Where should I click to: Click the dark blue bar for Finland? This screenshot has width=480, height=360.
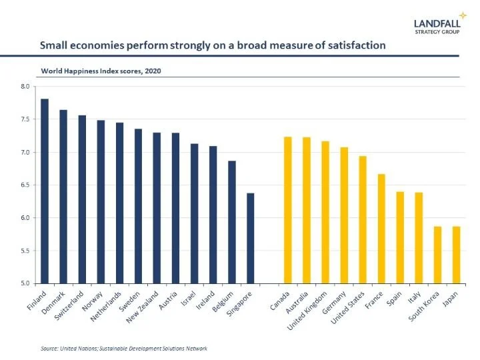click(x=45, y=191)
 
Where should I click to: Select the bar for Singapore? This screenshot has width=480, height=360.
click(x=251, y=239)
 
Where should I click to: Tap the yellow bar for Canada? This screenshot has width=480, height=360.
click(x=288, y=210)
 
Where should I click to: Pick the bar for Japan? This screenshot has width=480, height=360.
click(x=457, y=255)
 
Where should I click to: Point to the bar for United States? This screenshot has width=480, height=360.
click(x=363, y=220)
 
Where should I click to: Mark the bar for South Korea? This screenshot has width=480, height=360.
click(x=438, y=255)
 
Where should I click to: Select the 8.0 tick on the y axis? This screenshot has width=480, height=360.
click(x=25, y=87)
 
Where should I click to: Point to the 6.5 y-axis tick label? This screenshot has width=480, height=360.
click(x=25, y=185)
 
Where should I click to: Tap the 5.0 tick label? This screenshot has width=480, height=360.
click(x=25, y=284)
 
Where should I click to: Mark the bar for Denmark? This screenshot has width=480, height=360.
click(x=63, y=197)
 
